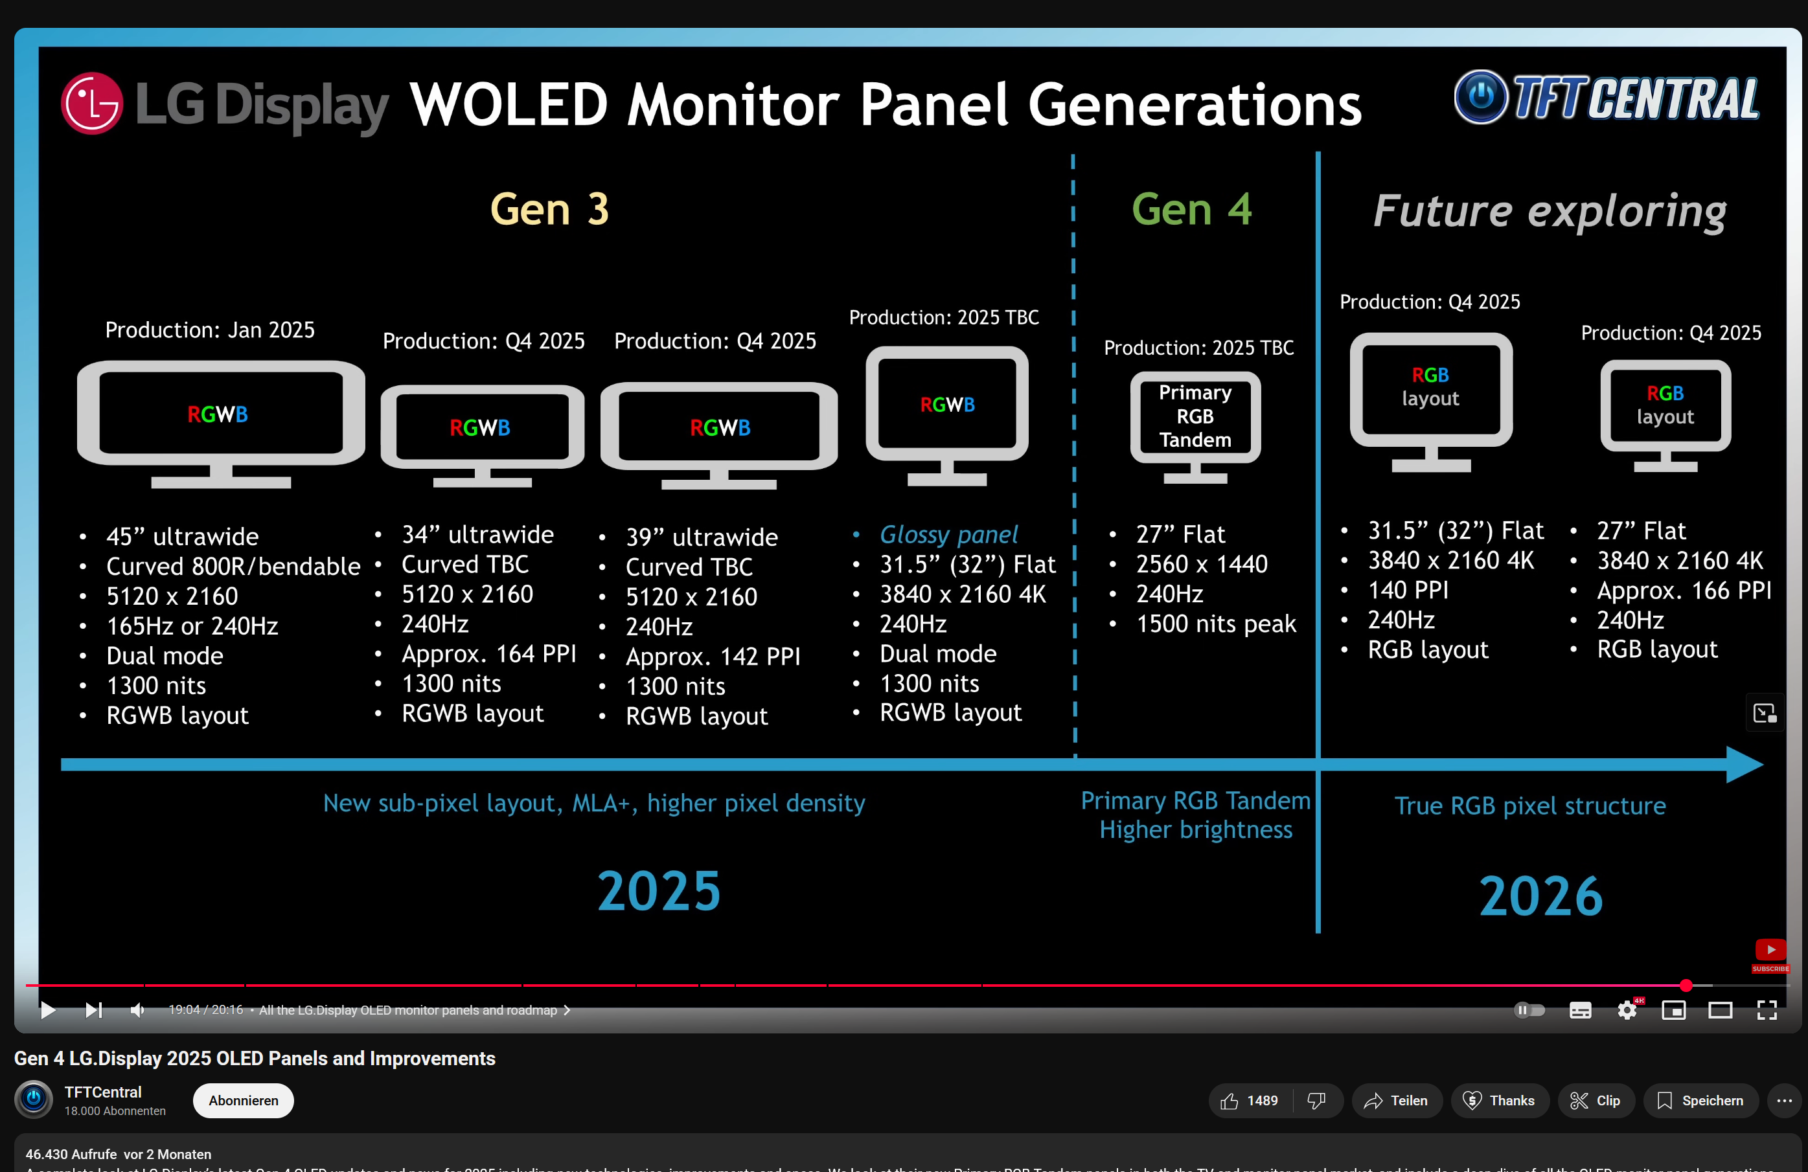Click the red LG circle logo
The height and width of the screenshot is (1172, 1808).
[x=92, y=104]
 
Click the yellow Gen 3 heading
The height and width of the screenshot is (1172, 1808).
[x=549, y=209]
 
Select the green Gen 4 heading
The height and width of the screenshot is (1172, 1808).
[x=1191, y=209]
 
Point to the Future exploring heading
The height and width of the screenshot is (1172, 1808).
[x=1549, y=211]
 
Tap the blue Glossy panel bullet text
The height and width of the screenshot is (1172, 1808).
[x=948, y=534]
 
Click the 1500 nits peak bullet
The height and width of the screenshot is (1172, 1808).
[x=1215, y=624]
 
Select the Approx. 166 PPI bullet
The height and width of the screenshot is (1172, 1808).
[x=1683, y=590]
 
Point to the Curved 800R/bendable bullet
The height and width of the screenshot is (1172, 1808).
[x=233, y=566]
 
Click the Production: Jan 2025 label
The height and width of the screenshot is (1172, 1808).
[x=210, y=330]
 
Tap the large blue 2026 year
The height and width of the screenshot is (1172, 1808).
[x=1540, y=896]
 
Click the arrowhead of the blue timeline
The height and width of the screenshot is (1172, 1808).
[x=1744, y=764]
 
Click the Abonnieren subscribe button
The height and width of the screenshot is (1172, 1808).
[x=243, y=1101]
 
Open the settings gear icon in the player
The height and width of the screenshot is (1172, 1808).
[x=1627, y=1010]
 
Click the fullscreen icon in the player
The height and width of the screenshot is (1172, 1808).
[x=1767, y=1010]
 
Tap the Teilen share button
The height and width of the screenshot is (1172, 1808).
[x=1396, y=1101]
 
